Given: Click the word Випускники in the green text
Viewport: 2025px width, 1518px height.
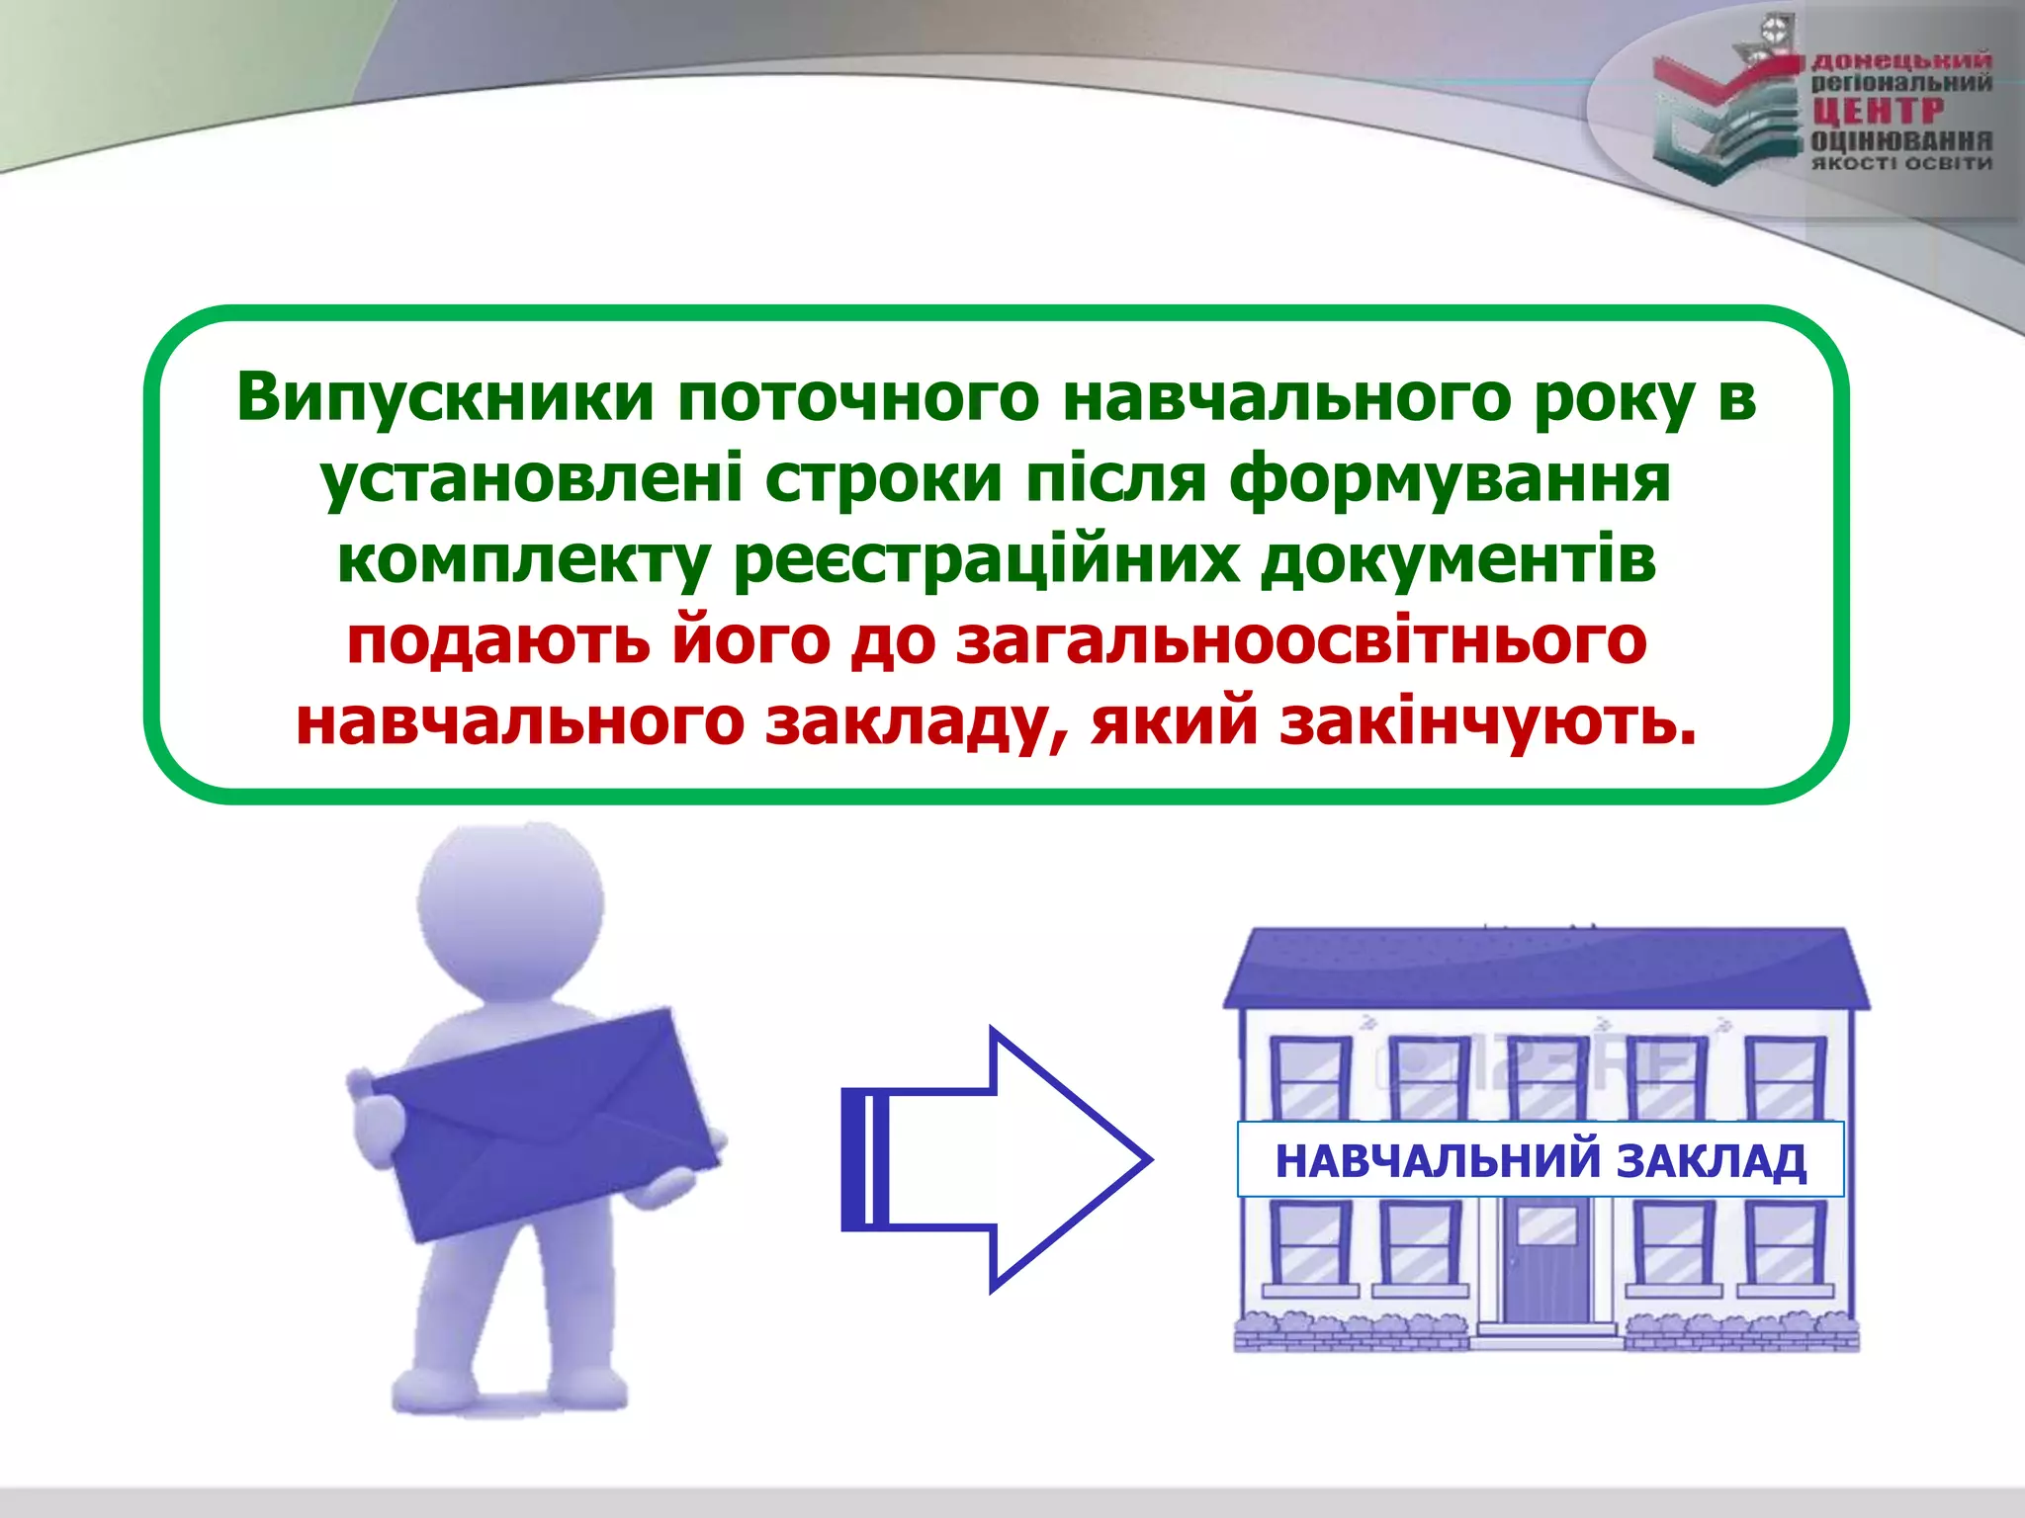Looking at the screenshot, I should point(445,398).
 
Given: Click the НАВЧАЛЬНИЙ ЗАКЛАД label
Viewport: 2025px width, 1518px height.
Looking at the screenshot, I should point(1541,1160).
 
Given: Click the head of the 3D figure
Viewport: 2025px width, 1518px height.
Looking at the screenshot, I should point(510,899).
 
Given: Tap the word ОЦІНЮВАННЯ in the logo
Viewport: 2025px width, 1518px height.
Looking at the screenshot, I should point(1900,141).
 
